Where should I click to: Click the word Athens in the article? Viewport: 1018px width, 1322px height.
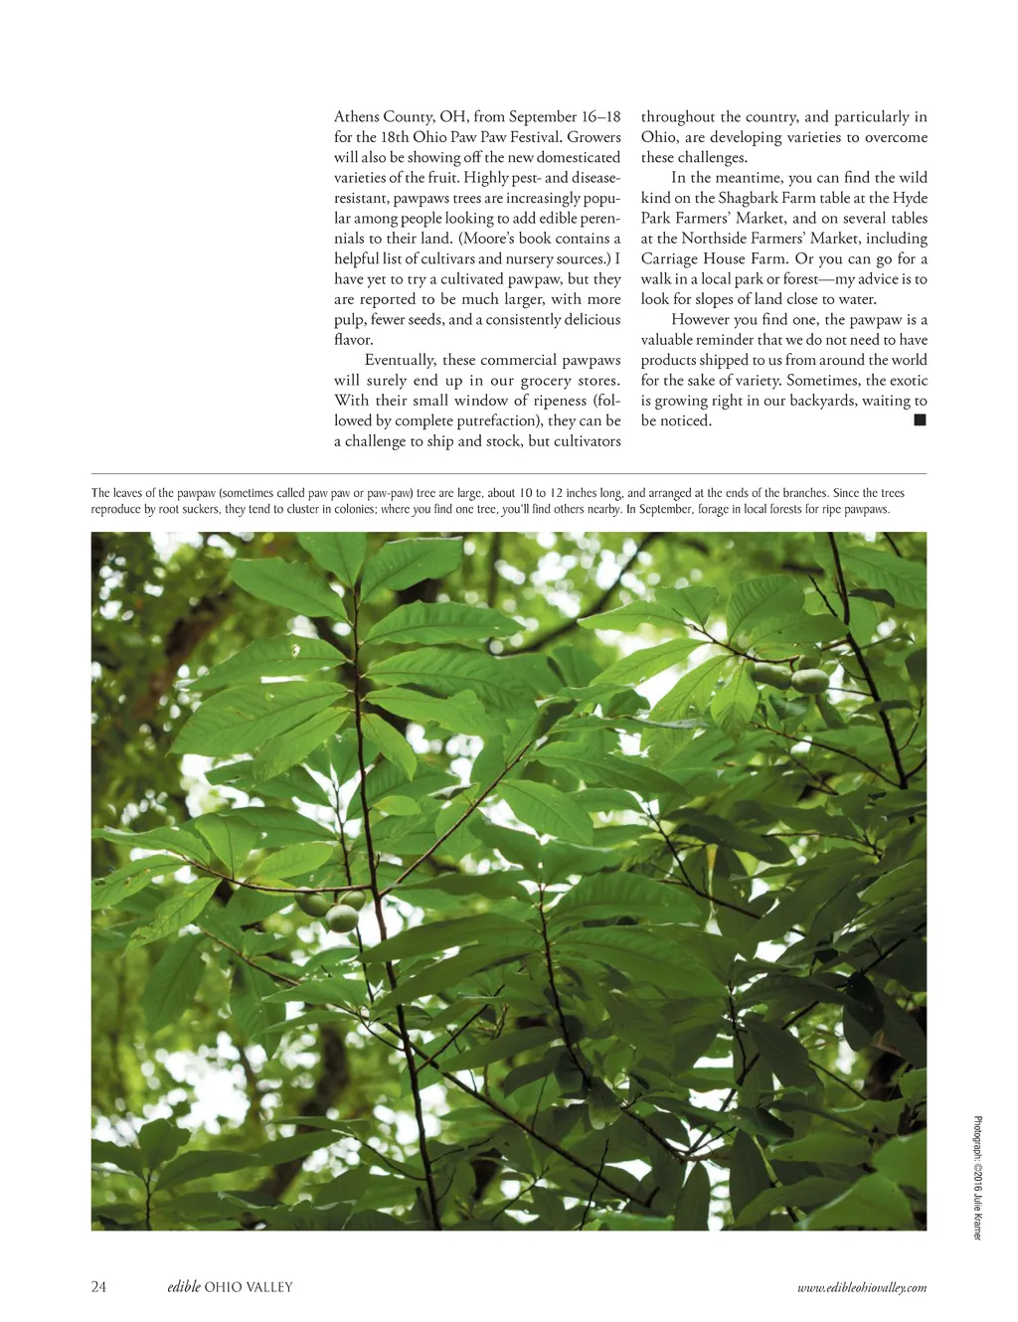[357, 116]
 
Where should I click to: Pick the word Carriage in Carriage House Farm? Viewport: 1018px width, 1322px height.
[668, 258]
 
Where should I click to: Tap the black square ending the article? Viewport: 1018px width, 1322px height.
[920, 420]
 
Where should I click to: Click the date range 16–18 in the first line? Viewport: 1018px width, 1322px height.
[600, 116]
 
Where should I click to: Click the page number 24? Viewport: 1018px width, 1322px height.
[98, 1287]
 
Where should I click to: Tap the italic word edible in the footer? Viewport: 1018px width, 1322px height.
[184, 1287]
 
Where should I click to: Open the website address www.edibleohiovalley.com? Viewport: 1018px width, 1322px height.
[862, 1288]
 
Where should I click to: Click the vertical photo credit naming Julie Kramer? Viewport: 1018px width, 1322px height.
[977, 1178]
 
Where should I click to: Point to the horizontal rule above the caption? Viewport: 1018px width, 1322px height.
[508, 474]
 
